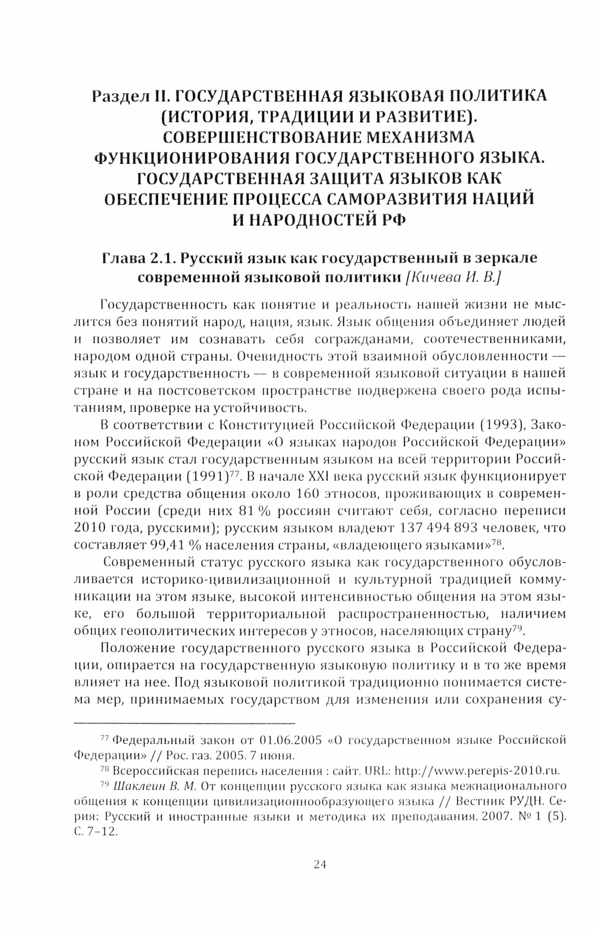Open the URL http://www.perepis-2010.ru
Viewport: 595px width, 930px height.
coord(477,770)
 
